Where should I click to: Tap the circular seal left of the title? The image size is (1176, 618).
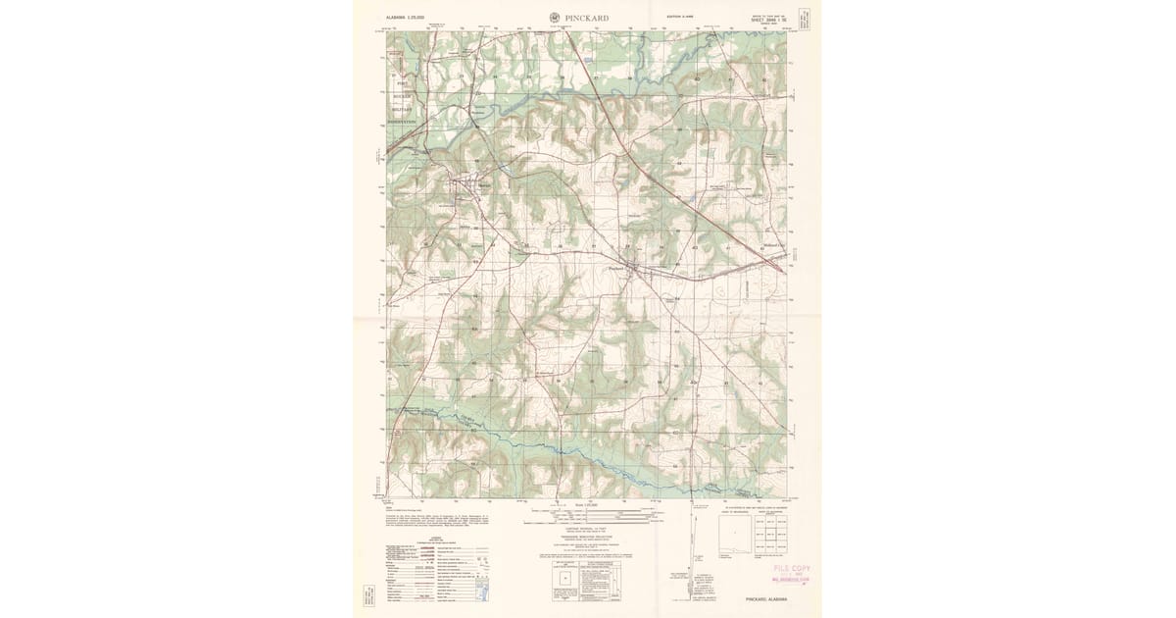tap(555, 17)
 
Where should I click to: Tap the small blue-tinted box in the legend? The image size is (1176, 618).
tap(479, 589)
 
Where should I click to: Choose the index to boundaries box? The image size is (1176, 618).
tap(734, 535)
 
